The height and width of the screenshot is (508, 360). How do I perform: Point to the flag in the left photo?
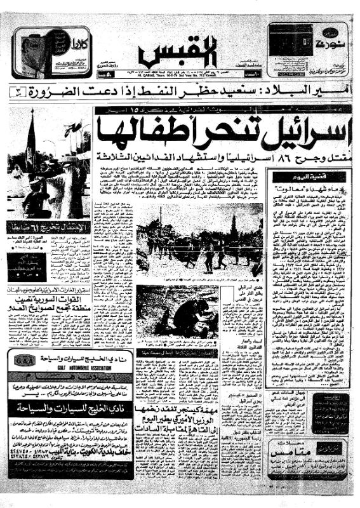[x=30, y=143]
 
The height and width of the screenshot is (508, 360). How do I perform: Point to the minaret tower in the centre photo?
[x=234, y=225]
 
